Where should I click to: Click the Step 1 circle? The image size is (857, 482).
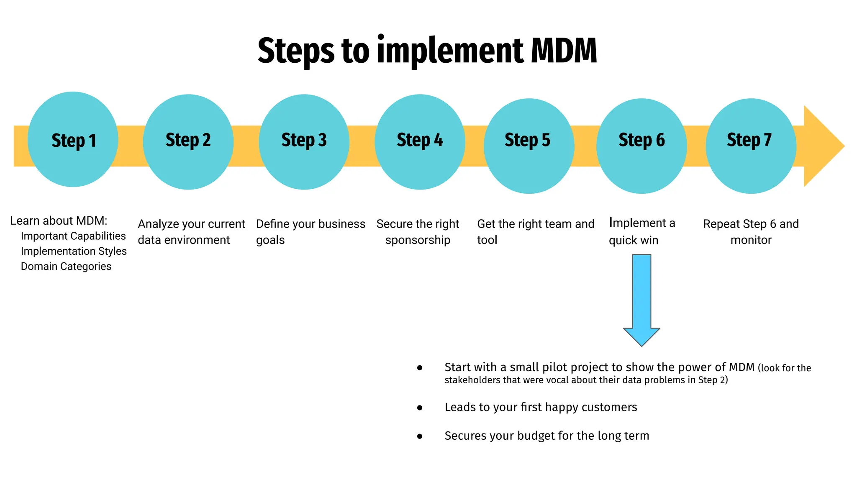point(73,139)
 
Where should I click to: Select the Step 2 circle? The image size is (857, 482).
point(188,142)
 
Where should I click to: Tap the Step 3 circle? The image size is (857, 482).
point(304,142)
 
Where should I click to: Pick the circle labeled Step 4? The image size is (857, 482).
point(419,142)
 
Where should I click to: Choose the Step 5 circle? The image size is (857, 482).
point(529,146)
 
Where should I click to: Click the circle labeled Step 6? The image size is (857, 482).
point(641,146)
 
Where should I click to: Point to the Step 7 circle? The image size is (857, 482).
point(751,146)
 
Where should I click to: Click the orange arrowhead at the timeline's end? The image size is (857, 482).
point(822,146)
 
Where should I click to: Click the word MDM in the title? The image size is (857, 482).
point(564,51)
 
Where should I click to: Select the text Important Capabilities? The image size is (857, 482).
point(73,236)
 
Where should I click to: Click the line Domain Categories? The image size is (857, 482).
point(66,267)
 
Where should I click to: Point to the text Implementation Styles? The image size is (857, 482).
point(74,251)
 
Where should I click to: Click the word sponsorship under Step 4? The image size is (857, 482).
point(418,240)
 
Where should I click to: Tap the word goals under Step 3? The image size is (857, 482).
point(270,240)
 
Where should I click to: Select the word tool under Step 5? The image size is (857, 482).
point(487,240)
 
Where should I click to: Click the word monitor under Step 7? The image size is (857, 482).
point(751,240)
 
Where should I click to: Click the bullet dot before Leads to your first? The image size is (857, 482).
point(420,408)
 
